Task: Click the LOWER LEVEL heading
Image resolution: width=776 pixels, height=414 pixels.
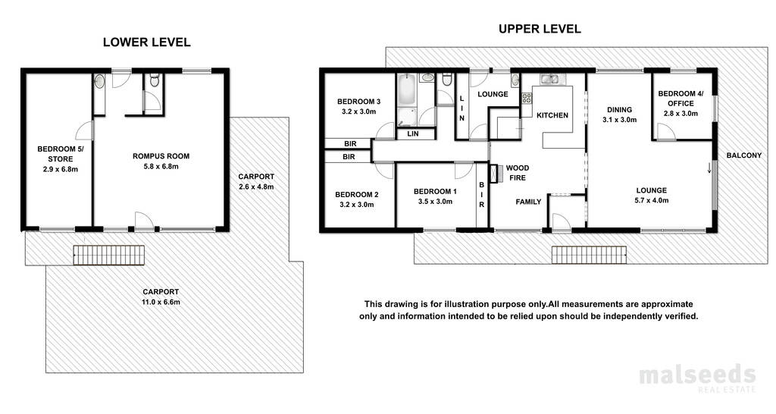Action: [x=146, y=42]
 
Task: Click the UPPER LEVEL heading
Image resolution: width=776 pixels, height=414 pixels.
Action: [x=540, y=29]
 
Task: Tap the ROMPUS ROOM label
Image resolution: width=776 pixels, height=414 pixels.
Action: [x=161, y=156]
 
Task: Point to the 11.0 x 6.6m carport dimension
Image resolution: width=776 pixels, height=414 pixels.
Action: [x=161, y=302]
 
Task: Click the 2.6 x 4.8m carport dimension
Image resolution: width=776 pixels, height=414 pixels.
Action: [x=256, y=187]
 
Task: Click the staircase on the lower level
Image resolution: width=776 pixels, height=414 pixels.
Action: [x=109, y=255]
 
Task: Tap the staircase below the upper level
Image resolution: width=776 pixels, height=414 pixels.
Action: [x=590, y=255]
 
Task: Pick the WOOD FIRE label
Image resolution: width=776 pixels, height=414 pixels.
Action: [x=517, y=173]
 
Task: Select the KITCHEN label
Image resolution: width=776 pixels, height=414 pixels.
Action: [x=552, y=115]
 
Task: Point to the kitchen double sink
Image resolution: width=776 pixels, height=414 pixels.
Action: [x=549, y=78]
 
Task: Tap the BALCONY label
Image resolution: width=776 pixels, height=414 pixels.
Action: [x=744, y=155]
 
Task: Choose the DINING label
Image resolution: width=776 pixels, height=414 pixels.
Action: [x=619, y=110]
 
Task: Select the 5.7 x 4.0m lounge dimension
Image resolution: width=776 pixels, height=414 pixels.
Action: [x=651, y=201]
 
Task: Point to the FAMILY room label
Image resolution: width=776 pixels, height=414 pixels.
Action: [x=528, y=202]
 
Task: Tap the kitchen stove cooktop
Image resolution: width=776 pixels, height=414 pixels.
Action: [x=526, y=98]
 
